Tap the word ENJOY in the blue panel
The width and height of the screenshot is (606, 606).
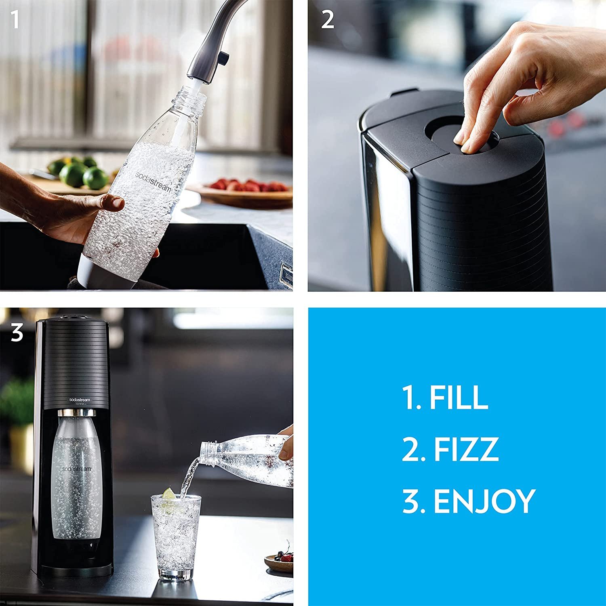[x=484, y=501]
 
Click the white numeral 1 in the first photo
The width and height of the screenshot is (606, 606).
[x=15, y=19]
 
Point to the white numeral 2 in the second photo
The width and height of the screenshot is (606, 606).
[x=327, y=19]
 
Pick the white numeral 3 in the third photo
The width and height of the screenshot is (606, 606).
[x=17, y=333]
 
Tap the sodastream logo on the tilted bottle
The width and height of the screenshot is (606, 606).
[x=153, y=182]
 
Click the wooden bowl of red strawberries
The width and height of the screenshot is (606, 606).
[x=246, y=192]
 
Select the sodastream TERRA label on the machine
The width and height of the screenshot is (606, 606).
[x=80, y=401]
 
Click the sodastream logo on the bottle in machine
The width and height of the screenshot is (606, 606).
[x=77, y=469]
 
